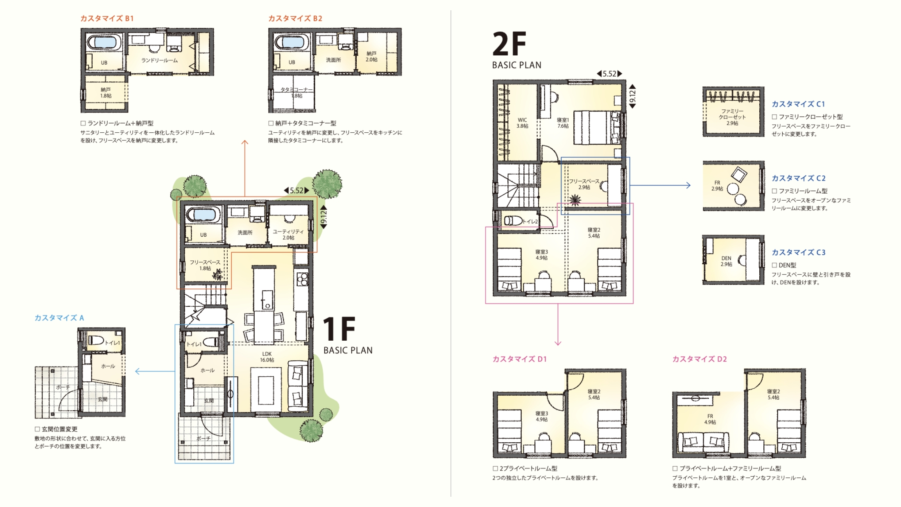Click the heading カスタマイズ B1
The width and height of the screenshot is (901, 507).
point(107,18)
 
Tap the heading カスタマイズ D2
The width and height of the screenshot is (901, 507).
point(700,359)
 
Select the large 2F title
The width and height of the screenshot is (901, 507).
point(509,44)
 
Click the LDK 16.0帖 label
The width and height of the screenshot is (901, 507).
point(267,357)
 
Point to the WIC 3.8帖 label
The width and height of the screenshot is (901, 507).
point(522,123)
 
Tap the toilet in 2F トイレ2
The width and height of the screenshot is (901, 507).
point(512,221)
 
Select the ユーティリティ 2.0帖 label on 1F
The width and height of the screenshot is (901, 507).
point(288,235)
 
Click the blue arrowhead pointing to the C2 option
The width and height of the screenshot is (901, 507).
point(688,186)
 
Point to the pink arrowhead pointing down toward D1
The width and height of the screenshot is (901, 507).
point(558,342)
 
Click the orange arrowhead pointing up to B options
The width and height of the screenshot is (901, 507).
point(244,142)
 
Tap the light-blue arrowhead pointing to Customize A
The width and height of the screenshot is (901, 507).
point(138,371)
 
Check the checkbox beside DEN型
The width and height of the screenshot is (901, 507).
point(774,265)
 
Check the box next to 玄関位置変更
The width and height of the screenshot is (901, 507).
point(37,429)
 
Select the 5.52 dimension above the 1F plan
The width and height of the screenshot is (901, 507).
point(297,190)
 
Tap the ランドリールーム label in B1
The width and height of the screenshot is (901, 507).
point(159,61)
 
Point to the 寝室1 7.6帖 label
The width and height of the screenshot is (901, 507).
point(563,123)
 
